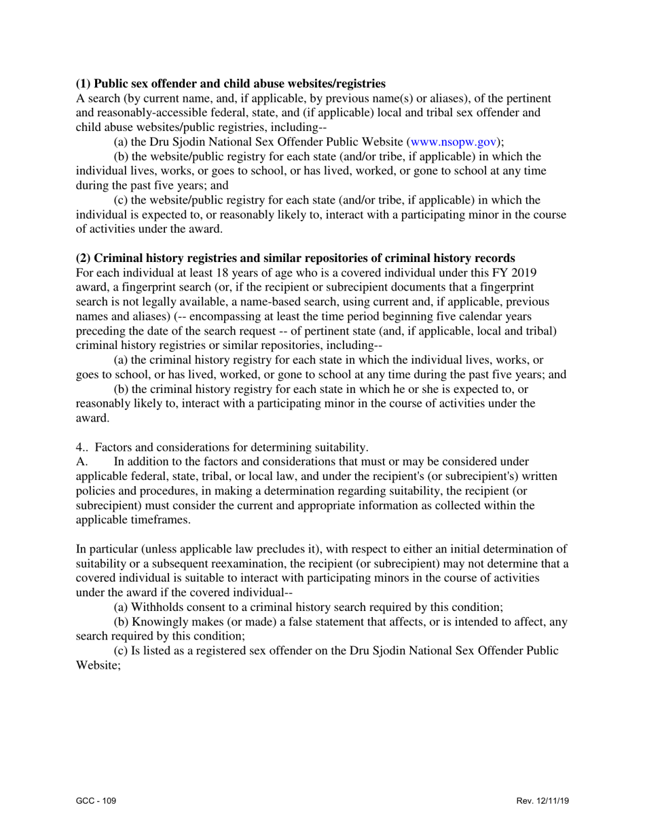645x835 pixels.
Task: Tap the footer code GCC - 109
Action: tap(96, 801)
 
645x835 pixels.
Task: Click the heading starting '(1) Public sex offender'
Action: tap(231, 84)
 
